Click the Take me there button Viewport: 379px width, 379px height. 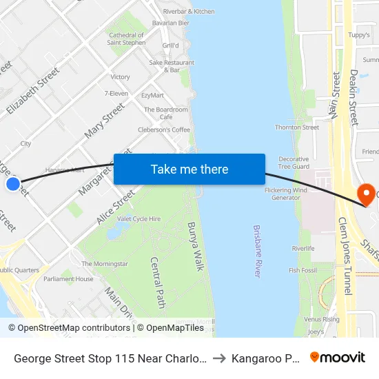tap(189, 170)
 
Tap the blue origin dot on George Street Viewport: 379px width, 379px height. tap(12, 184)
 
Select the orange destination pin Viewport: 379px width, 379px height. tap(365, 193)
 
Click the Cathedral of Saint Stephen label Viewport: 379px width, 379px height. tap(127, 39)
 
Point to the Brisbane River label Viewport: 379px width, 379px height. tap(258, 251)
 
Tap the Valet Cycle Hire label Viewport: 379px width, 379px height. tap(139, 219)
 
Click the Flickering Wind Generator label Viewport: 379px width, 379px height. tap(287, 194)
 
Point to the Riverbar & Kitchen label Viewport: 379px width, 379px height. tap(188, 12)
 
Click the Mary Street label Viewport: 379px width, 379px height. tap(104, 120)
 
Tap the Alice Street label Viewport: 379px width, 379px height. tap(116, 207)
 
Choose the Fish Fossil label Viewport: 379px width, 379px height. tap(303, 271)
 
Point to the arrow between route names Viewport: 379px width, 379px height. tap(220, 358)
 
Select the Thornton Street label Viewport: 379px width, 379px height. tap(297, 127)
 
